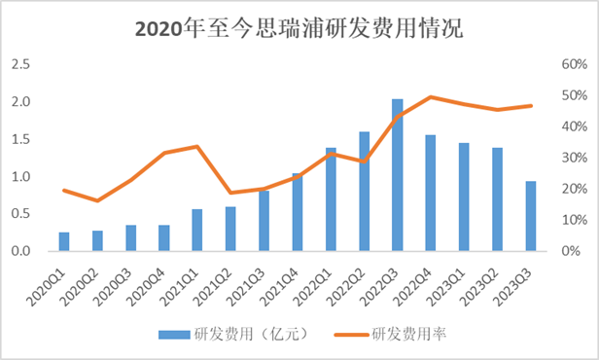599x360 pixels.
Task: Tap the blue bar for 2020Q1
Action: coord(64,241)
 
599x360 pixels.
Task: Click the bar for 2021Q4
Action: coord(298,212)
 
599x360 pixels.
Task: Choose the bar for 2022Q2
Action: coord(364,192)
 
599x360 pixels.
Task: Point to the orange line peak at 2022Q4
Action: coord(431,97)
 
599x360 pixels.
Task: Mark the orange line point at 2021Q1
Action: coord(197,147)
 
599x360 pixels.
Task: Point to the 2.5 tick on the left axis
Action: coord(19,64)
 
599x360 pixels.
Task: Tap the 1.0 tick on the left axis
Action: coord(19,177)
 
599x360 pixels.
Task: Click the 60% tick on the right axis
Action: coord(569,64)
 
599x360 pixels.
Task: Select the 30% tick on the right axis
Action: coord(569,158)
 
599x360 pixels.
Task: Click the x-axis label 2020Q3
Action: coord(119,281)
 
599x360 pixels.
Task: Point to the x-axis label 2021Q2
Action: coord(219,281)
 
